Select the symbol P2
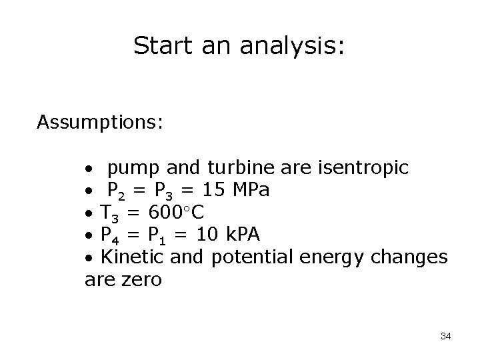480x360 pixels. coord(117,192)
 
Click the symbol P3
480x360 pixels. coord(163,192)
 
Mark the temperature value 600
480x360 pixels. coord(165,213)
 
